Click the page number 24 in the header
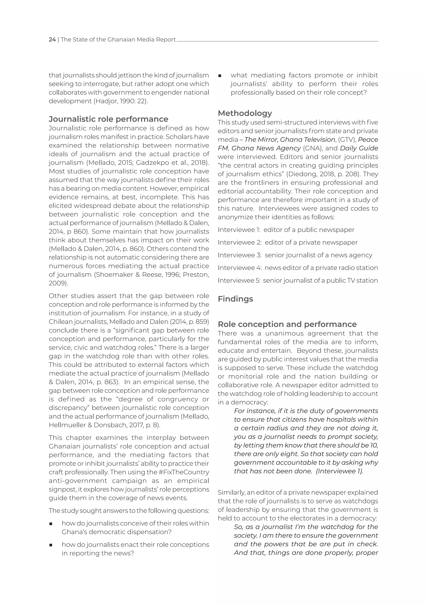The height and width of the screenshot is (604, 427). coord(52,39)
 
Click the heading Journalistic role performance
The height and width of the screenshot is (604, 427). coord(108,119)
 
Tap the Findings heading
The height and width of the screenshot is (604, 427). coord(235,299)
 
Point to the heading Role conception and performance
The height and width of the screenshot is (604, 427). coord(287,324)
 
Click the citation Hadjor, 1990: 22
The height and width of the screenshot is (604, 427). coord(120,101)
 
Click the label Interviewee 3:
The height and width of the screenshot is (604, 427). coord(240,255)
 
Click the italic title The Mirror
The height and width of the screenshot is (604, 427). coord(261,140)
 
